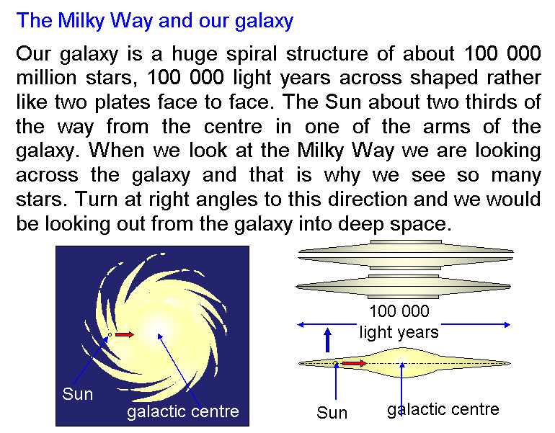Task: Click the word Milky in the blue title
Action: (x=81, y=21)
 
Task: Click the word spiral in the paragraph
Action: (x=252, y=55)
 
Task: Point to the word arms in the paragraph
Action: (x=446, y=127)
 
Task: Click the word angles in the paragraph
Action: (x=226, y=200)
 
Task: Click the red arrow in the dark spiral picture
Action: (x=125, y=334)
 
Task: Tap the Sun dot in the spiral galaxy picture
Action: (x=110, y=334)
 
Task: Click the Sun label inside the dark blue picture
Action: (x=78, y=394)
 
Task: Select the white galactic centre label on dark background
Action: (x=183, y=412)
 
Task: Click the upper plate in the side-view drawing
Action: (x=405, y=255)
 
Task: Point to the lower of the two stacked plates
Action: (x=403, y=287)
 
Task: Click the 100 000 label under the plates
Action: (x=399, y=311)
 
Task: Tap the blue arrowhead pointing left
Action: (x=301, y=324)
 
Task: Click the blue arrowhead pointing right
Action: (x=507, y=324)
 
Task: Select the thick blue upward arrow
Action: (x=327, y=340)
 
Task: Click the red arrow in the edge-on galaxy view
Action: (x=355, y=363)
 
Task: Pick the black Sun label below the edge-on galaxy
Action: (x=332, y=413)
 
